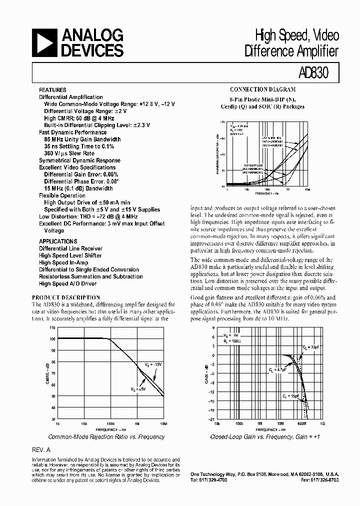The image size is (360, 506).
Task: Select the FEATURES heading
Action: click(52, 90)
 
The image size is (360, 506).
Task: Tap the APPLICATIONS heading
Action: click(58, 241)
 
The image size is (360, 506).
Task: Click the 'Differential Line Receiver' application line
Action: click(70, 248)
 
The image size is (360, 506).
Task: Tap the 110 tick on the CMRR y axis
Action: click(52, 327)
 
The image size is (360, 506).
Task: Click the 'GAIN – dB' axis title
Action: click(205, 373)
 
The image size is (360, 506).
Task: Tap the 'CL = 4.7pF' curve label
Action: click(277, 369)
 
